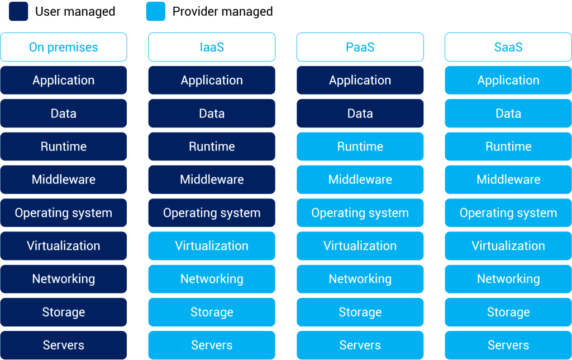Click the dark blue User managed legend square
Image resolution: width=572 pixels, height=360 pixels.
tap(18, 11)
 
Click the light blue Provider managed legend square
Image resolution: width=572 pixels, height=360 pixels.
tap(156, 11)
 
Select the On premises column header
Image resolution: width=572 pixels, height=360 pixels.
tap(64, 47)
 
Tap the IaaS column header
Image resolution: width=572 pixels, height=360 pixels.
tap(212, 47)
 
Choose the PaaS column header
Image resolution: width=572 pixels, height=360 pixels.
tap(360, 47)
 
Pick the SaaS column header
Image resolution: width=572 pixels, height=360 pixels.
tap(508, 47)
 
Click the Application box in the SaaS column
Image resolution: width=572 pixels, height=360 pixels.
tap(508, 80)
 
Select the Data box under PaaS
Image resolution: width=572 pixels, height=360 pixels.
tap(360, 113)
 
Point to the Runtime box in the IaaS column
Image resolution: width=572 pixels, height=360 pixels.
tap(212, 146)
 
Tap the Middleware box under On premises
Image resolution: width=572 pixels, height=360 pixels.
tap(64, 179)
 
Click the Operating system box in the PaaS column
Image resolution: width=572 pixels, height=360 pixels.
tap(360, 212)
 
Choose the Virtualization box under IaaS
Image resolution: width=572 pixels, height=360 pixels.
tap(212, 246)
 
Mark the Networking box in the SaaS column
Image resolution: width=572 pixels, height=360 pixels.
tap(508, 279)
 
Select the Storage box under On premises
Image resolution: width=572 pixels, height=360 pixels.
tap(64, 312)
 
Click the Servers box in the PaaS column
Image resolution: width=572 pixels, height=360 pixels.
tap(360, 345)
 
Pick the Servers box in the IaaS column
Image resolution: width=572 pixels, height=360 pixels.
tap(212, 345)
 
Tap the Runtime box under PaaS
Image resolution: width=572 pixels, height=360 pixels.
tap(360, 146)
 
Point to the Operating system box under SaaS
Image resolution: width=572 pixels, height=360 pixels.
tap(508, 212)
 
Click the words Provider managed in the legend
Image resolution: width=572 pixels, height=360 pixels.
tap(222, 12)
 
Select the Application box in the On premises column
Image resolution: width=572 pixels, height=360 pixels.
tap(64, 80)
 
